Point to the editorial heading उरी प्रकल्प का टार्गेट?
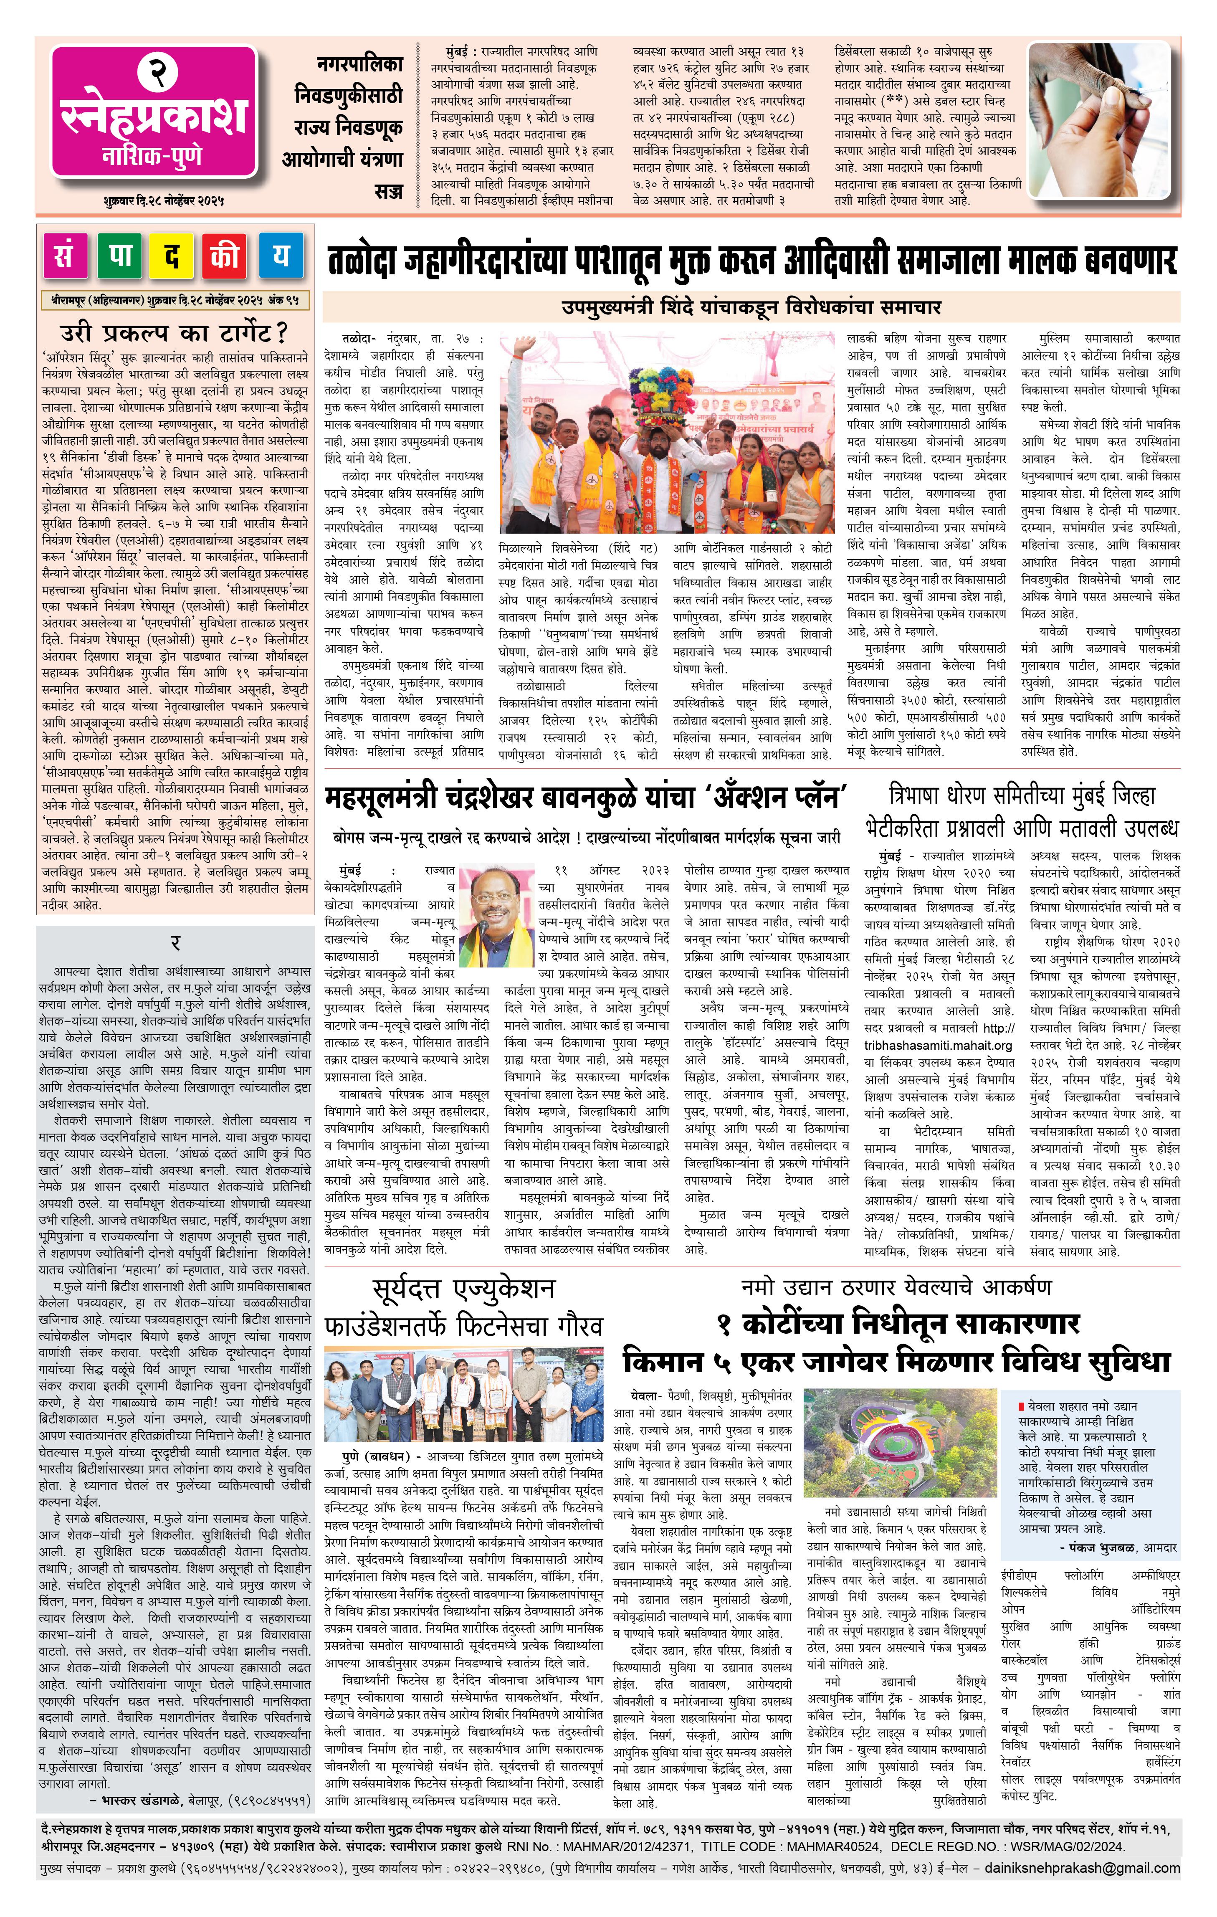[175, 332]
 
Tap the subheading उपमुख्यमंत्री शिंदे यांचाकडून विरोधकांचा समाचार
[751, 307]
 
